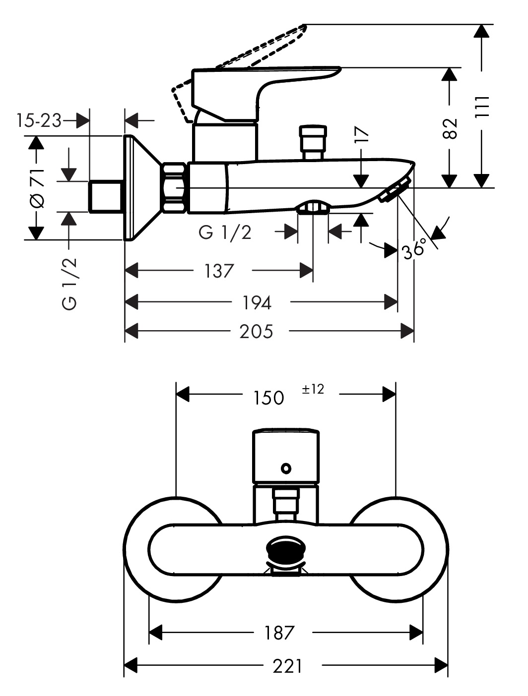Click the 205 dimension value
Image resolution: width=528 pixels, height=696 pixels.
(x=256, y=331)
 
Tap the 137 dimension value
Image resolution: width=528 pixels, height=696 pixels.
(x=219, y=271)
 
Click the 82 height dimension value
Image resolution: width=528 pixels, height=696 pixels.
(x=450, y=129)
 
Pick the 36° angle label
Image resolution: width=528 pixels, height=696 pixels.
(x=414, y=248)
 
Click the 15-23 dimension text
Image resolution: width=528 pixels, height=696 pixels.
(x=38, y=120)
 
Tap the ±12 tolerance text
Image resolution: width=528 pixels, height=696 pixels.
(x=313, y=390)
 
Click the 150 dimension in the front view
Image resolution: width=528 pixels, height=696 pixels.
(x=268, y=397)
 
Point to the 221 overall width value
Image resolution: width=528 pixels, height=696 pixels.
(x=287, y=666)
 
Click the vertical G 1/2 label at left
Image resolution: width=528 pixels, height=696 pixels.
(x=70, y=284)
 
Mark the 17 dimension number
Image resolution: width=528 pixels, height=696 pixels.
(x=362, y=135)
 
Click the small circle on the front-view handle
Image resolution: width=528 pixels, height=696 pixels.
(x=286, y=467)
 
